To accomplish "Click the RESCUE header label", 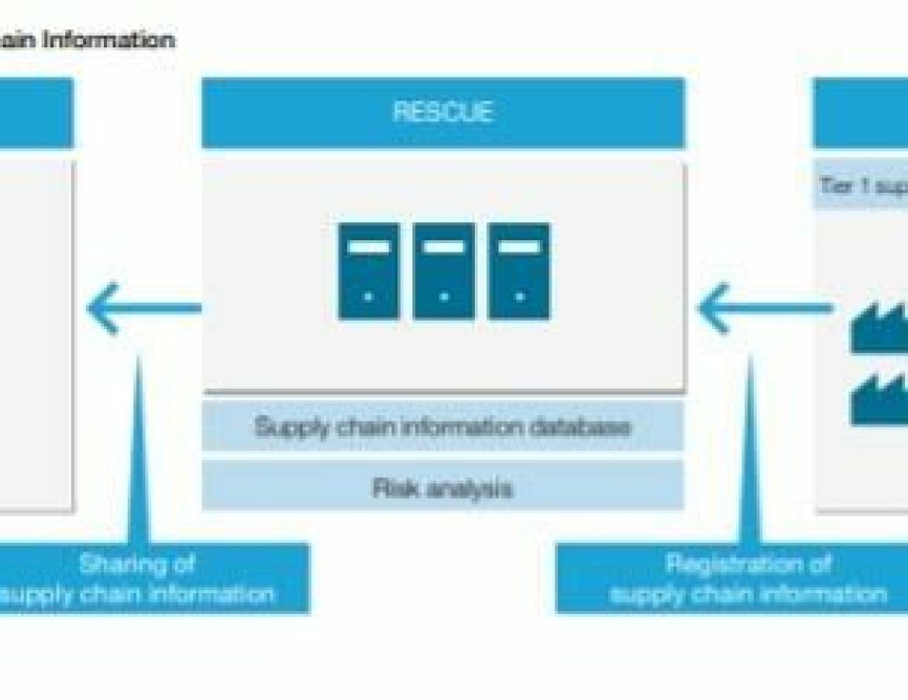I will (443, 112).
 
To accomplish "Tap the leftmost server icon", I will (368, 271).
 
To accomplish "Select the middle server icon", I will (444, 271).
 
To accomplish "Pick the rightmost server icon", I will (518, 271).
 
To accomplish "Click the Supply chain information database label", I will (443, 427).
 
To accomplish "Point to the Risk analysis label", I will (443, 488).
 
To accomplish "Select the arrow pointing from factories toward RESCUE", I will (764, 307).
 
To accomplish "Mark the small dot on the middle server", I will (444, 296).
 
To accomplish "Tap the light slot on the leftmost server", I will (368, 247).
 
